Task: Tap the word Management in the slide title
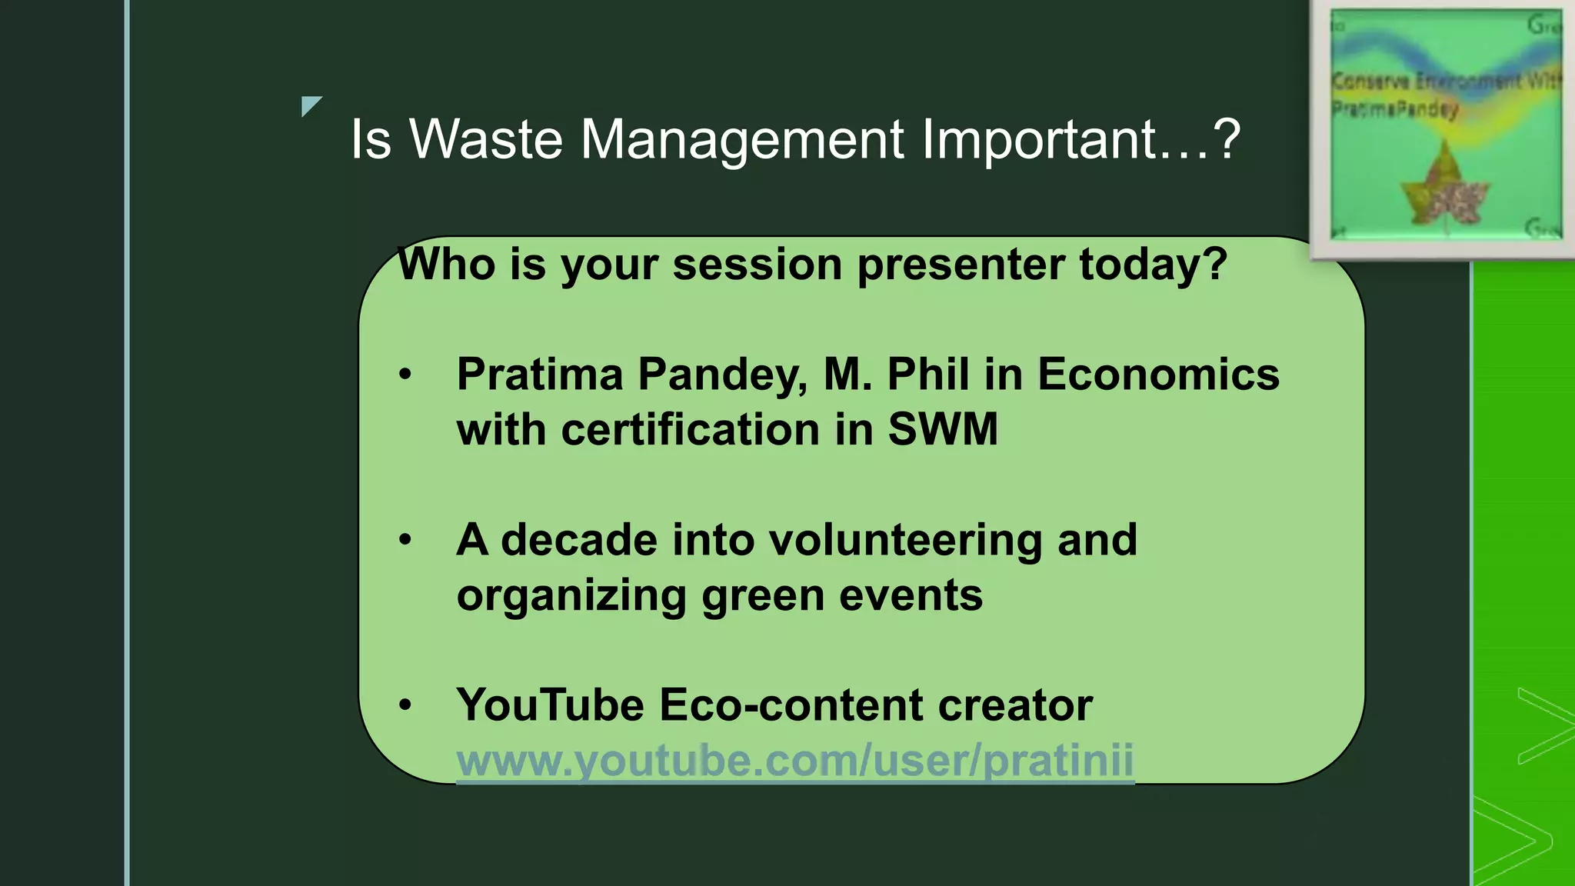coord(741,140)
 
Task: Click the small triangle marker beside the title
coord(310,105)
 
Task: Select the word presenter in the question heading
coord(961,265)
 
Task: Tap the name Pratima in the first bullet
coord(539,375)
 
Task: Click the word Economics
coord(1158,375)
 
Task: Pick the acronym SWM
coord(943,429)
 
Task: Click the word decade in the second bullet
coord(578,540)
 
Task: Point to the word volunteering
coord(906,540)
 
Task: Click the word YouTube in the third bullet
coord(550,705)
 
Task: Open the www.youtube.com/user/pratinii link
coord(794,761)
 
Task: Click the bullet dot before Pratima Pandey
coord(405,375)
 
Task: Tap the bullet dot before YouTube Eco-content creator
coord(405,705)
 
